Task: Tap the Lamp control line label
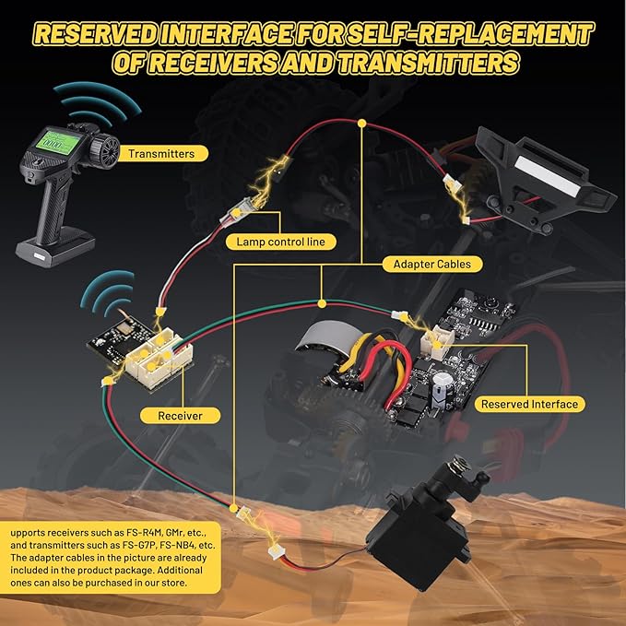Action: (x=280, y=242)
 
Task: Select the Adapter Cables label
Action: (x=432, y=265)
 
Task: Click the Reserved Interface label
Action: (x=529, y=405)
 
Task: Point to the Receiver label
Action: (x=180, y=416)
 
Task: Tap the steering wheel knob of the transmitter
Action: (x=104, y=151)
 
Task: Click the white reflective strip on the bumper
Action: (x=546, y=176)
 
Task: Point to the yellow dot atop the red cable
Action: (x=362, y=124)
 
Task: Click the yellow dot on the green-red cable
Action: (x=322, y=304)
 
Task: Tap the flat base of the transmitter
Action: (x=55, y=247)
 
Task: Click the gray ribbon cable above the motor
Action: (x=327, y=337)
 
